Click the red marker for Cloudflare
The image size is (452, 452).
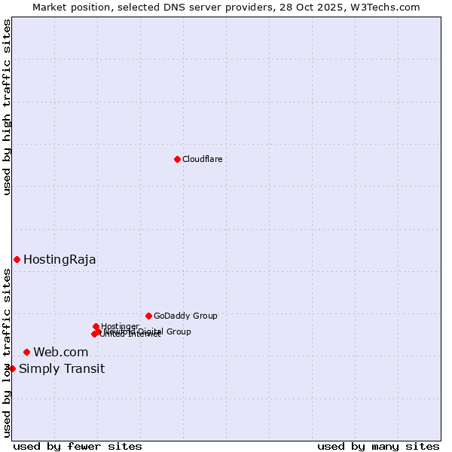click(x=177, y=159)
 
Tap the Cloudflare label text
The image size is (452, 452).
click(x=202, y=159)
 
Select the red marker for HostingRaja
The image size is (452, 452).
click(x=17, y=259)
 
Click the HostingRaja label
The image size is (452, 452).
click(x=60, y=260)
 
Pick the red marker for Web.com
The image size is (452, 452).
click(x=26, y=352)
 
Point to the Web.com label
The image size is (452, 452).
click(x=60, y=353)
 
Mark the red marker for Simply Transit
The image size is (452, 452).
click(x=12, y=368)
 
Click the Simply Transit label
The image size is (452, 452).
click(x=62, y=369)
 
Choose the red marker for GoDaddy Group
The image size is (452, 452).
click(x=148, y=316)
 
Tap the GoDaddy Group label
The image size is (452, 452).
click(x=185, y=316)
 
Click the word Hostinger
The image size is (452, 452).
click(x=120, y=326)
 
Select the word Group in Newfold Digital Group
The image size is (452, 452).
click(x=179, y=331)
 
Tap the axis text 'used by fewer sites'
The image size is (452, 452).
click(x=77, y=446)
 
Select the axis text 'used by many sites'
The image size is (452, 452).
click(x=378, y=446)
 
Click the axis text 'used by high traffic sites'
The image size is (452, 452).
click(x=7, y=107)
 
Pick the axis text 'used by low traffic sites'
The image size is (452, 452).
click(x=7, y=353)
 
